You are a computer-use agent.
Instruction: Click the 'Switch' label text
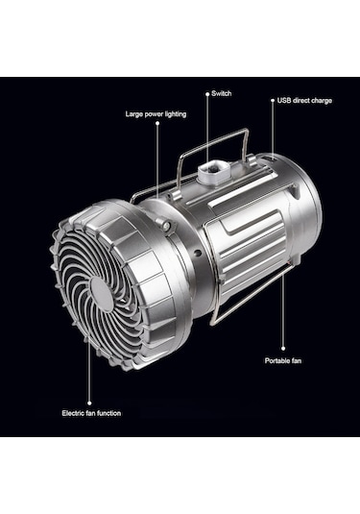[x=222, y=93]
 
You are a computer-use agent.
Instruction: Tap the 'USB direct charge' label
[x=304, y=100]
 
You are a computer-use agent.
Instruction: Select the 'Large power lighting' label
[x=156, y=114]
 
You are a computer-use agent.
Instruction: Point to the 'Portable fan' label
[x=283, y=360]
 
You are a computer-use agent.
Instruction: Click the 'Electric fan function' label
[x=91, y=413]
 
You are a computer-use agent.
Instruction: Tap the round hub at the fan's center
[x=102, y=294]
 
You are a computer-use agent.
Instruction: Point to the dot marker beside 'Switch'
[x=207, y=94]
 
